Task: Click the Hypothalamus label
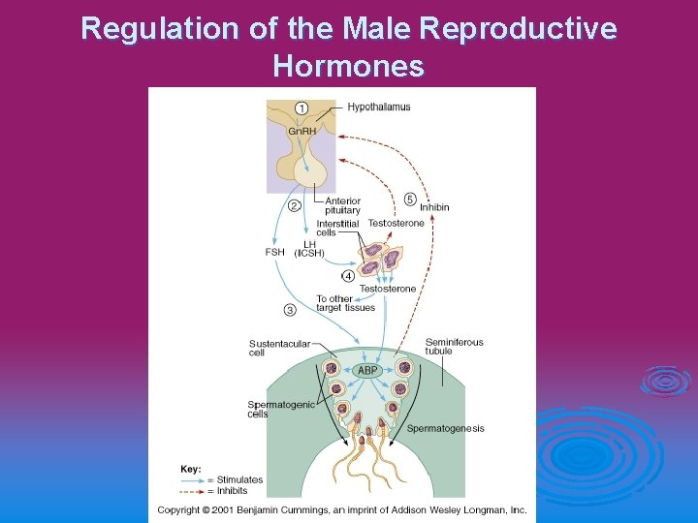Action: coord(378,107)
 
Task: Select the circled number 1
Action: coord(301,107)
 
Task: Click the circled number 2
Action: coord(294,204)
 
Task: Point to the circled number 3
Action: coord(290,310)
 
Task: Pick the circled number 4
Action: coord(348,276)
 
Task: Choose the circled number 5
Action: coord(410,200)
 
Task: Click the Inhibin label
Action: coord(434,207)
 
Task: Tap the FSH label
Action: coord(275,253)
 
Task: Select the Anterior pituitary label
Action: coord(342,205)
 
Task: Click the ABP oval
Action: coord(367,370)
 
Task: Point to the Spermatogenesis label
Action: coord(445,428)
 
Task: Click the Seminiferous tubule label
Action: coord(454,346)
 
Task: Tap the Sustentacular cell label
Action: coord(279,348)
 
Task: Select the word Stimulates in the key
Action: coord(239,479)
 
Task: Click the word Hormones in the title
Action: coord(348,66)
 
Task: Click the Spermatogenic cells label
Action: coord(280,409)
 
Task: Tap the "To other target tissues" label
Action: coord(345,303)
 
